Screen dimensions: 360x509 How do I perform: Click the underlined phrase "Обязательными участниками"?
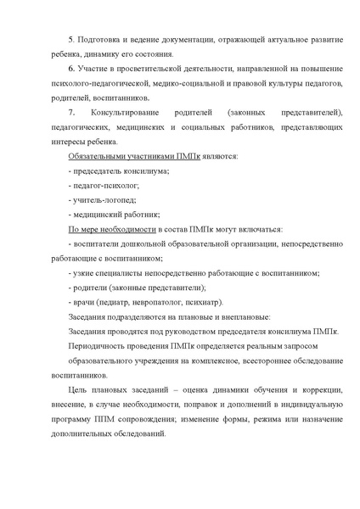(x=112, y=157)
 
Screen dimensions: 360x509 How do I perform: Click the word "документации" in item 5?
(x=192, y=41)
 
